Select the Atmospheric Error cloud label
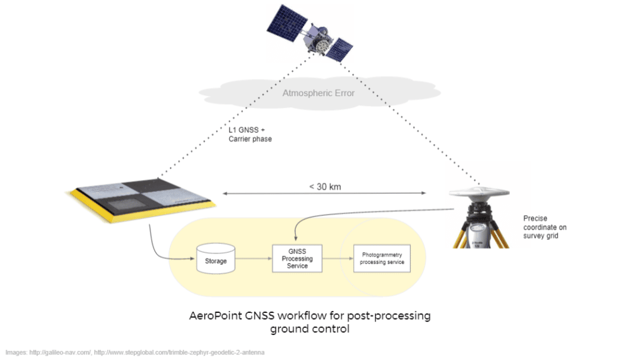(x=318, y=93)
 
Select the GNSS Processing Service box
(x=297, y=258)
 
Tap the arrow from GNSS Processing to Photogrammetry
(x=337, y=258)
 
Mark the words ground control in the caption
(x=310, y=329)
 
